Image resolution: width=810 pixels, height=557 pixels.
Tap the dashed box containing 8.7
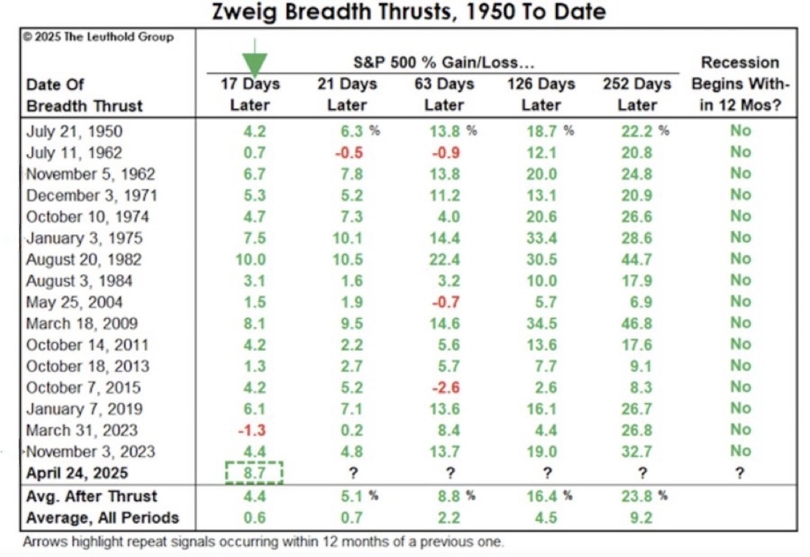point(254,473)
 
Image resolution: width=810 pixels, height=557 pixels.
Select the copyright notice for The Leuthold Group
point(98,37)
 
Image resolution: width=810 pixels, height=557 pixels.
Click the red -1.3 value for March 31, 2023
point(252,430)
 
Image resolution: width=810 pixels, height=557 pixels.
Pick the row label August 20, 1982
point(84,259)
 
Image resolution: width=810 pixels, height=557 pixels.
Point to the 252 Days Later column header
point(637,94)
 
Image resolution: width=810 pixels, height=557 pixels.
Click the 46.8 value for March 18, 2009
point(636,323)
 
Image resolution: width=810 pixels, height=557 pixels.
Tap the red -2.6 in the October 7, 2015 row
point(445,388)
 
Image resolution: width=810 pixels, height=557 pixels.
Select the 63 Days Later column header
point(444,94)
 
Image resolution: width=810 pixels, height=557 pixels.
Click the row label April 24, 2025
point(77,473)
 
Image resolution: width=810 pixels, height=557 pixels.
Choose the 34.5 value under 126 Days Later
point(542,323)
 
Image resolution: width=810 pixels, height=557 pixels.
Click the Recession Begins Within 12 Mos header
point(740,84)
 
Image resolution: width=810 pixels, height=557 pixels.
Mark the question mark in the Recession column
point(740,473)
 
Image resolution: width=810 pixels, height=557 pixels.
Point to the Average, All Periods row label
point(102,518)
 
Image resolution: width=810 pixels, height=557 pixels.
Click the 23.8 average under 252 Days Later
point(636,496)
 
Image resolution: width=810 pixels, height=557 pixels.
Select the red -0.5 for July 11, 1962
point(349,153)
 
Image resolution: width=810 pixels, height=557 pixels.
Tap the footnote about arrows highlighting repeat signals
point(263,542)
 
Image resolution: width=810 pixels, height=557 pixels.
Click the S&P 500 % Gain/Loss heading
point(444,63)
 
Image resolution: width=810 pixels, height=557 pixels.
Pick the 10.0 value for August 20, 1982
point(250,259)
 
